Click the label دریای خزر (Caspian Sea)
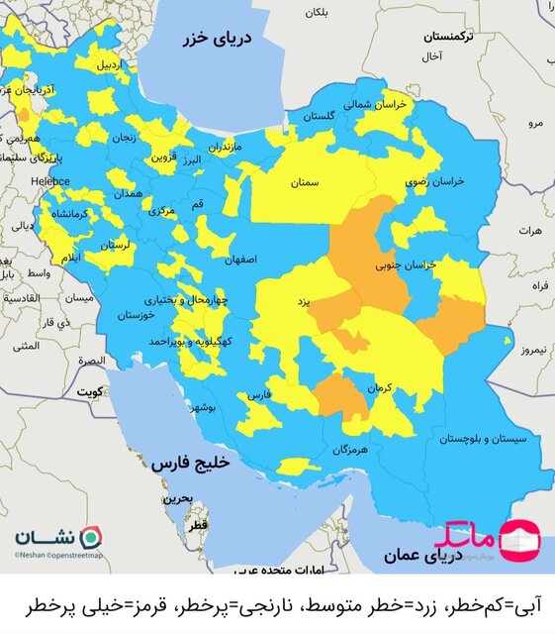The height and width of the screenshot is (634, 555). (217, 40)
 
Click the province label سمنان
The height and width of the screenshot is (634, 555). (304, 183)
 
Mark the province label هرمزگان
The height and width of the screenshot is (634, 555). (348, 449)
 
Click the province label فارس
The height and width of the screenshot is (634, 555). (258, 394)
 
